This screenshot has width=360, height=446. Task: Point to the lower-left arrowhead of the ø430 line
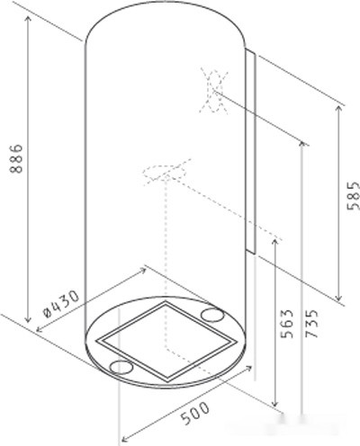pos(37,331)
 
